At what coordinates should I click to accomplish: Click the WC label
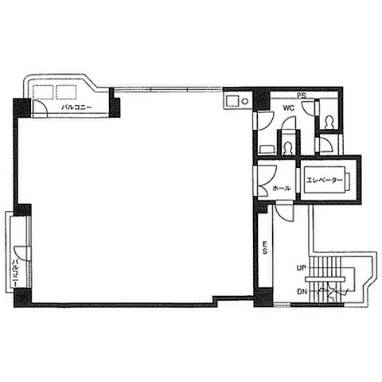click(x=289, y=108)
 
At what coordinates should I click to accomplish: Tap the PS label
click(x=302, y=95)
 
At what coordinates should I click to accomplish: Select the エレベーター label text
click(x=325, y=181)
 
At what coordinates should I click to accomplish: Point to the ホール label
click(x=282, y=189)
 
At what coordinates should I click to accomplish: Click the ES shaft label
click(x=265, y=248)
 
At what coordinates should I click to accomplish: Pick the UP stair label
click(x=302, y=268)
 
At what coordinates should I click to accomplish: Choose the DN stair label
click(x=302, y=292)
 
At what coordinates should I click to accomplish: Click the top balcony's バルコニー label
click(x=76, y=107)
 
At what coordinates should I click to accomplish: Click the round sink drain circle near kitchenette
click(x=245, y=101)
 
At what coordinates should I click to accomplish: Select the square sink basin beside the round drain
click(x=232, y=101)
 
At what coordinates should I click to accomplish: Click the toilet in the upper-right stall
click(x=329, y=123)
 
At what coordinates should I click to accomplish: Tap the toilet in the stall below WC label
click(x=287, y=148)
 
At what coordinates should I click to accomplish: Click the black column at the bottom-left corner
click(x=23, y=298)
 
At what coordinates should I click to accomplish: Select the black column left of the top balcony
click(x=22, y=107)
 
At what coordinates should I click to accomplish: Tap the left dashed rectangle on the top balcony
click(x=43, y=92)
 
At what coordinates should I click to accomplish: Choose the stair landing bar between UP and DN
click(x=325, y=279)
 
